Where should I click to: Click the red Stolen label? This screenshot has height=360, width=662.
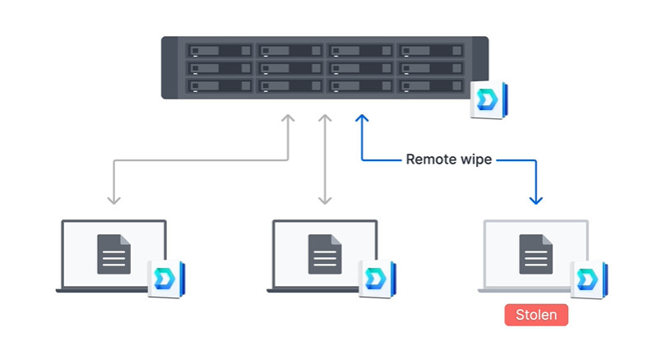pyautogui.click(x=535, y=315)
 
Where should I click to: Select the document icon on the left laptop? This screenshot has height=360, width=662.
pyautogui.click(x=113, y=254)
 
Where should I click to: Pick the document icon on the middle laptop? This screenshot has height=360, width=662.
pyautogui.click(x=325, y=254)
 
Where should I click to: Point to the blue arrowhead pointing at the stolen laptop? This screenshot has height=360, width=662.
pyautogui.click(x=536, y=199)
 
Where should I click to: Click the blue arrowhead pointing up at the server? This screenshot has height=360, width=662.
pyautogui.click(x=360, y=120)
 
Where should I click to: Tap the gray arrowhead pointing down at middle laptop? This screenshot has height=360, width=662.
pyautogui.click(x=325, y=199)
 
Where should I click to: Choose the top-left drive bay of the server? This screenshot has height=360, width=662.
pyautogui.click(x=220, y=51)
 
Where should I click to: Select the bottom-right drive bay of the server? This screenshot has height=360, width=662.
pyautogui.click(x=430, y=85)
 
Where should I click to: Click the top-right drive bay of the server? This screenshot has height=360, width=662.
pyautogui.click(x=430, y=51)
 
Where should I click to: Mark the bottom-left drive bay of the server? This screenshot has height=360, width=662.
pyautogui.click(x=220, y=85)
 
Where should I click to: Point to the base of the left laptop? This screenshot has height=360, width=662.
pyautogui.click(x=110, y=289)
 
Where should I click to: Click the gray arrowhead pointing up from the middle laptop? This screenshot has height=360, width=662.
pyautogui.click(x=325, y=120)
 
